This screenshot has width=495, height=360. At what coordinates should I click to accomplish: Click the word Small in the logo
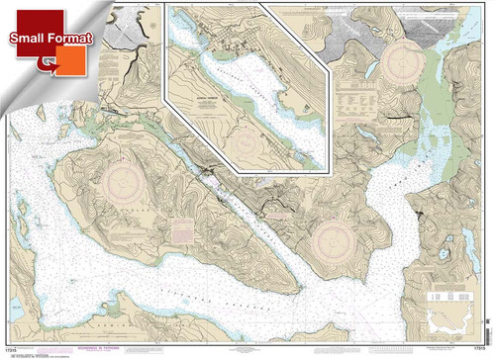tap(29, 39)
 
